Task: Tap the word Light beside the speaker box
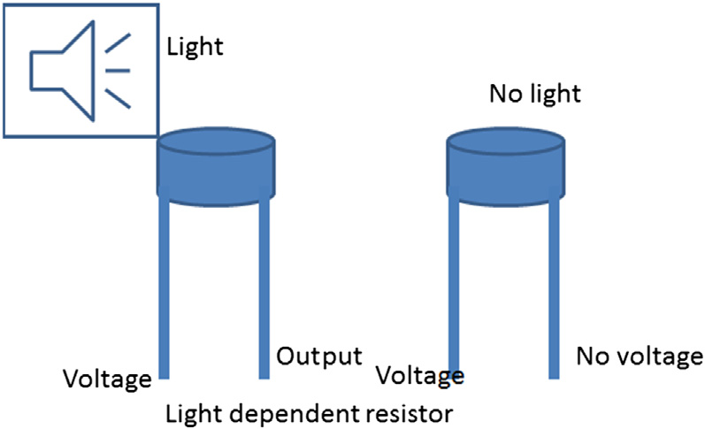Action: [x=195, y=46]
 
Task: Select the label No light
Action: [x=534, y=93]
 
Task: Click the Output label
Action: [x=319, y=356]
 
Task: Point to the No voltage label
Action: [x=640, y=356]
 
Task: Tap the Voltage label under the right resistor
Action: [x=420, y=375]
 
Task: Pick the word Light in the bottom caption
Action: [x=190, y=412]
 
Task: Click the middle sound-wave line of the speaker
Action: [x=119, y=70]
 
